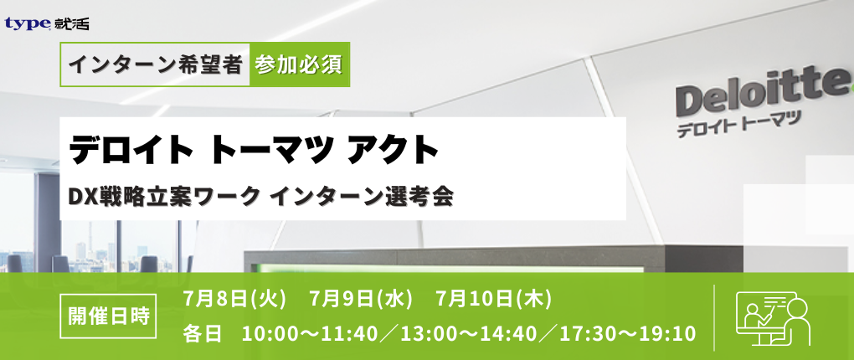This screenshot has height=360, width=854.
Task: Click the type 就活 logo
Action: click(x=46, y=23)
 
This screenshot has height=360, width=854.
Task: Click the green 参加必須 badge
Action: click(x=300, y=64)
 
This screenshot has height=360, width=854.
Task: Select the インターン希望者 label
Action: click(x=155, y=64)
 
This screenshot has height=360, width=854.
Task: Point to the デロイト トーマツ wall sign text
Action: click(x=739, y=125)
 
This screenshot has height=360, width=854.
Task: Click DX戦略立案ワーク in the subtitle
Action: click(x=163, y=197)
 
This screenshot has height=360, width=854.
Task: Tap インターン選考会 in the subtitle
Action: click(x=362, y=197)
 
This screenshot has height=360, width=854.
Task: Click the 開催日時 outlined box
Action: click(x=108, y=316)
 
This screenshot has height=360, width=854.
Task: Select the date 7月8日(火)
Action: click(x=234, y=298)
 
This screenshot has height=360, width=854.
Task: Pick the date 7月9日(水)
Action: click(x=361, y=298)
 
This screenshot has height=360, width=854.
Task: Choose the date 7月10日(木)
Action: click(x=494, y=298)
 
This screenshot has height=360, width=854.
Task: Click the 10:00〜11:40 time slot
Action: click(x=309, y=333)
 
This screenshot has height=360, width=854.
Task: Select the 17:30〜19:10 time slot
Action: click(x=628, y=333)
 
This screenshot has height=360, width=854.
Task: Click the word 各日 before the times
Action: click(x=203, y=333)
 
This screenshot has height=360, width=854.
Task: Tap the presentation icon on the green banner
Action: click(x=774, y=319)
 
